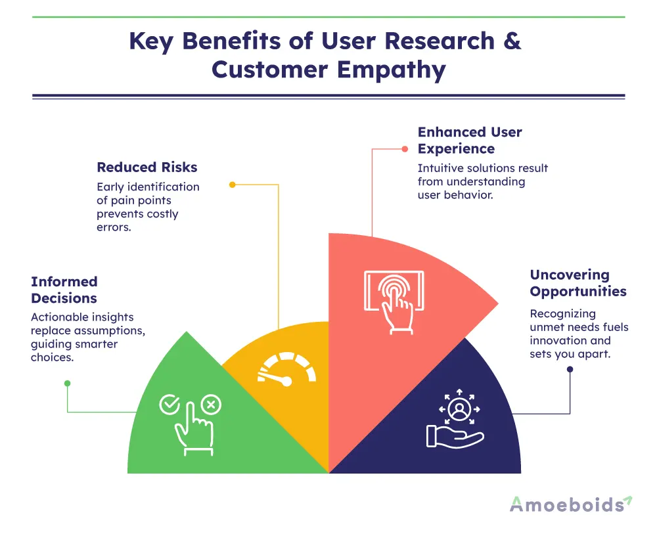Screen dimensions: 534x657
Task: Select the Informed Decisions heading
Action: [64, 290]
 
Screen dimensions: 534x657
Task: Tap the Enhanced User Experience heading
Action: [470, 140]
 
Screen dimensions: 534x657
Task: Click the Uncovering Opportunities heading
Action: [578, 283]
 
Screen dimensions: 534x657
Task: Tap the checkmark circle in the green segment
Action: [169, 405]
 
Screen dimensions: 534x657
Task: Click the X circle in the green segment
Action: [210, 405]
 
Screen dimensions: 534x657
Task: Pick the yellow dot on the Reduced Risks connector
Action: [232, 185]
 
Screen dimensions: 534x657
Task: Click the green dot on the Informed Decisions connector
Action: [67, 383]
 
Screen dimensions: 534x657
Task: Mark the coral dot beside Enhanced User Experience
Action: [405, 148]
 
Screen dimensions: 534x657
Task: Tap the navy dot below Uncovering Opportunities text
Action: [570, 369]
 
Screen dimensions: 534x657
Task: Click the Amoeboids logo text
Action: [567, 504]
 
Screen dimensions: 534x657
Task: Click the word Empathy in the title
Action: [388, 69]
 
